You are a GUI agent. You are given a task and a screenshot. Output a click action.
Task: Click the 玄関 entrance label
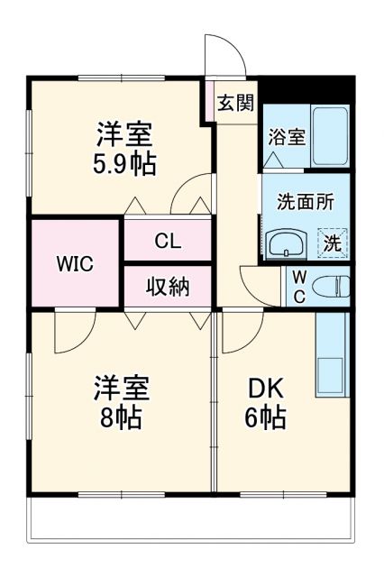[x=235, y=101]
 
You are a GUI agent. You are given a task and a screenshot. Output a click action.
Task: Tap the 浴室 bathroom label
[x=285, y=138]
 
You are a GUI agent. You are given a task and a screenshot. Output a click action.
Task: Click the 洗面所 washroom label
[x=305, y=201]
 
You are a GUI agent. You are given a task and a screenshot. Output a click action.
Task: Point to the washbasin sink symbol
[x=287, y=243]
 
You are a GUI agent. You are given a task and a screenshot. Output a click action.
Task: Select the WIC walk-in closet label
[x=76, y=264]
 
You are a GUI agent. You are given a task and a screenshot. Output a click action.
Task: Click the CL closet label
[x=168, y=241]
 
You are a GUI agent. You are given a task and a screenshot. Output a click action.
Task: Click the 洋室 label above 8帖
[x=123, y=389]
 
